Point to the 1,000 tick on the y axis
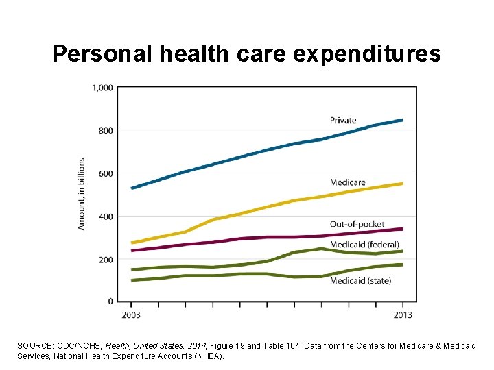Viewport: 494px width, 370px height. (102, 87)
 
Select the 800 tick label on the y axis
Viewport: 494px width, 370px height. (106, 130)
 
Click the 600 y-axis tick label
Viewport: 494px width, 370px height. (106, 173)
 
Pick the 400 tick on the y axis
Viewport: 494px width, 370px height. (106, 217)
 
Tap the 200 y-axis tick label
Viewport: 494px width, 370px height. (106, 260)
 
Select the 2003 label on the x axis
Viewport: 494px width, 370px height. (131, 315)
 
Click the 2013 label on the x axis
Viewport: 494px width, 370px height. (403, 315)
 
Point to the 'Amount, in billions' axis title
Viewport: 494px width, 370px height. (82, 194)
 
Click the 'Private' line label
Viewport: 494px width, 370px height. (343, 121)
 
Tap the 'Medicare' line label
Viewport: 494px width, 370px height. (347, 182)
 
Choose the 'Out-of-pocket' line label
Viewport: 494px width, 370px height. (357, 225)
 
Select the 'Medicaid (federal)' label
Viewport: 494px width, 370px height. (364, 245)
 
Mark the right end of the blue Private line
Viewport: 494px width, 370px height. (402, 120)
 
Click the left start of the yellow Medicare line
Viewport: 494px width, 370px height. (132, 243)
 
